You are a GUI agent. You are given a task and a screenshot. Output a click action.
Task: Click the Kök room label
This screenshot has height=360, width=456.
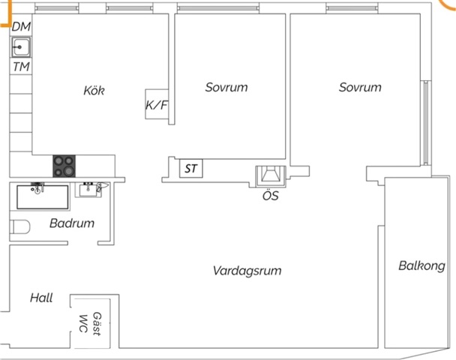(94, 91)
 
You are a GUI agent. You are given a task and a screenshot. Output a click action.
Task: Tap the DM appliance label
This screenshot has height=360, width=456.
(22, 27)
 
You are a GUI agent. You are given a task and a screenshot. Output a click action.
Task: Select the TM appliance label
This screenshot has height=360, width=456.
(22, 67)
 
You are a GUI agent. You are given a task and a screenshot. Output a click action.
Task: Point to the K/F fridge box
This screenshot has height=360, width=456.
(157, 106)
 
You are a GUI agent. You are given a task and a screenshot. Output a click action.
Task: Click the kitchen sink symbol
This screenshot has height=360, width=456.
(21, 47)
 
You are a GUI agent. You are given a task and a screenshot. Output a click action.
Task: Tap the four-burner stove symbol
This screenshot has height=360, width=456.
(65, 166)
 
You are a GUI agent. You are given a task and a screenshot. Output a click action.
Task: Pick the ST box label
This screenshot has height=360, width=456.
(191, 169)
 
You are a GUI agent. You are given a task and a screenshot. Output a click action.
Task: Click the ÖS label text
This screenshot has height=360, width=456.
(271, 196)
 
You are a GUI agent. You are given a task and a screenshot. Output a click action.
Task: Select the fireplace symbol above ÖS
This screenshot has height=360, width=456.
(271, 175)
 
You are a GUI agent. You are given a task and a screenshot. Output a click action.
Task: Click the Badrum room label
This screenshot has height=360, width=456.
(72, 223)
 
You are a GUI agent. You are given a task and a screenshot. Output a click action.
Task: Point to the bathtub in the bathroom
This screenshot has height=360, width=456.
(42, 196)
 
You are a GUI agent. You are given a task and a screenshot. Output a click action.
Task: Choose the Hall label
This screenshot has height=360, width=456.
(41, 298)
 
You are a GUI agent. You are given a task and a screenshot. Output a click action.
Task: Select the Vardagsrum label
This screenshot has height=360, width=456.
(247, 271)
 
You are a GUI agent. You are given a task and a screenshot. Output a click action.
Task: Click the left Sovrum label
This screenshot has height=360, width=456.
(226, 87)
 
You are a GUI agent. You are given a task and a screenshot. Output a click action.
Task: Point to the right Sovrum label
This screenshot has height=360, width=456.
(360, 87)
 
